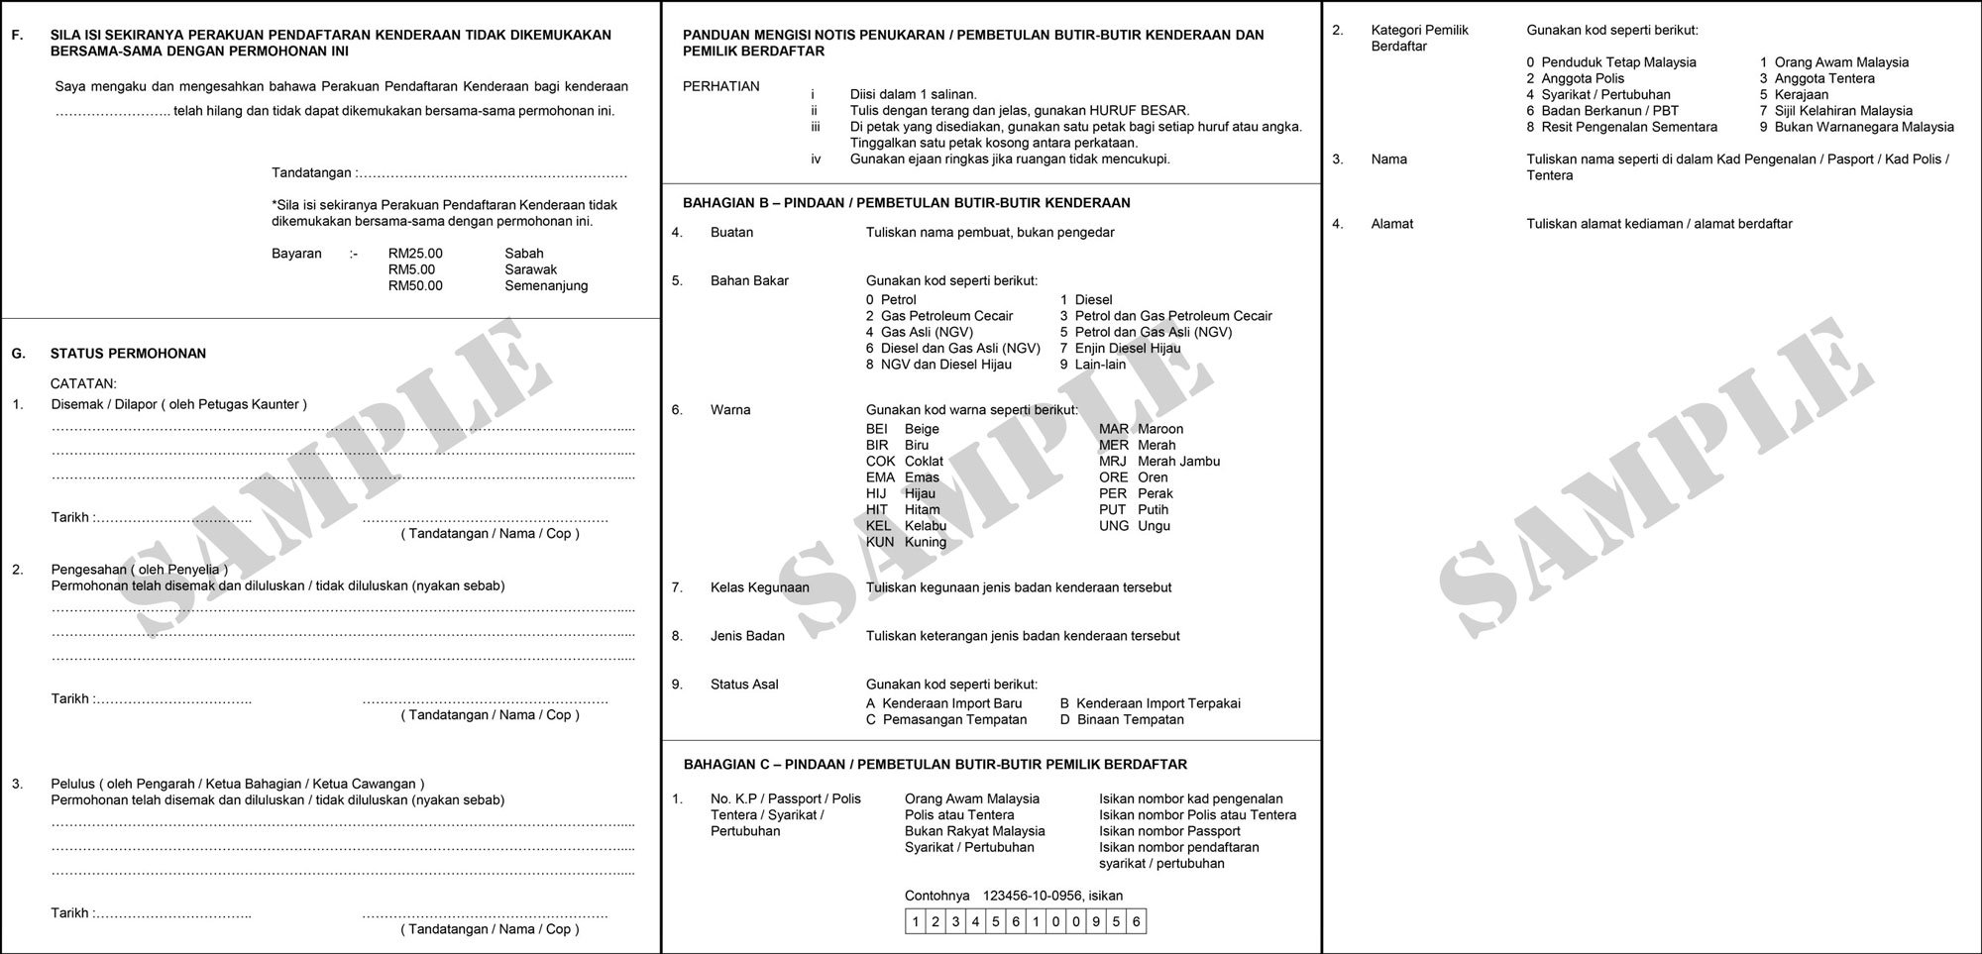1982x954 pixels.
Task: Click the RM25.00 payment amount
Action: (x=415, y=254)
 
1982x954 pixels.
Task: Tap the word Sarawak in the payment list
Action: (x=530, y=269)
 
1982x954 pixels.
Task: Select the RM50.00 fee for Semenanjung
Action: (x=415, y=286)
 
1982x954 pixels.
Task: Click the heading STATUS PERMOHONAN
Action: (x=128, y=354)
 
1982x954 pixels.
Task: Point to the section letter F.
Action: (x=17, y=35)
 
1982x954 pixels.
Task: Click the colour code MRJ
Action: (x=1113, y=462)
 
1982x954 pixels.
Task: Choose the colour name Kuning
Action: (x=926, y=543)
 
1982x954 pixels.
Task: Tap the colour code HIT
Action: (x=877, y=510)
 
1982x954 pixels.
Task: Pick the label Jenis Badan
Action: (x=747, y=636)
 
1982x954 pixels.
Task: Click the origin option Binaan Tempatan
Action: (x=1130, y=720)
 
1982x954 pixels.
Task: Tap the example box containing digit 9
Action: (x=1096, y=922)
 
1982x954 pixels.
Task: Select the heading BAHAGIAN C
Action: (x=935, y=765)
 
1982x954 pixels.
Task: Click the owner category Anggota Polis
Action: (x=1583, y=78)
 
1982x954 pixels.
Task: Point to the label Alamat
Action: (x=1391, y=224)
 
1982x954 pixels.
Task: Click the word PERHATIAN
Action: (x=720, y=86)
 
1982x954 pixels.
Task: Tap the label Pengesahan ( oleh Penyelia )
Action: (x=139, y=570)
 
